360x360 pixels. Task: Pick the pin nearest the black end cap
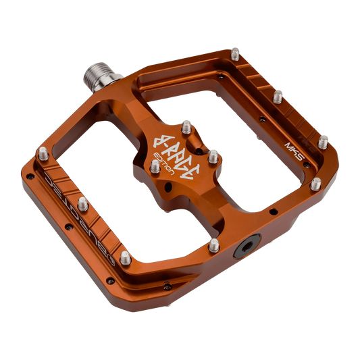(x=213, y=244)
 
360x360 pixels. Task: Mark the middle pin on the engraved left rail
(x=82, y=203)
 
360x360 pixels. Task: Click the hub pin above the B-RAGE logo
(x=185, y=125)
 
